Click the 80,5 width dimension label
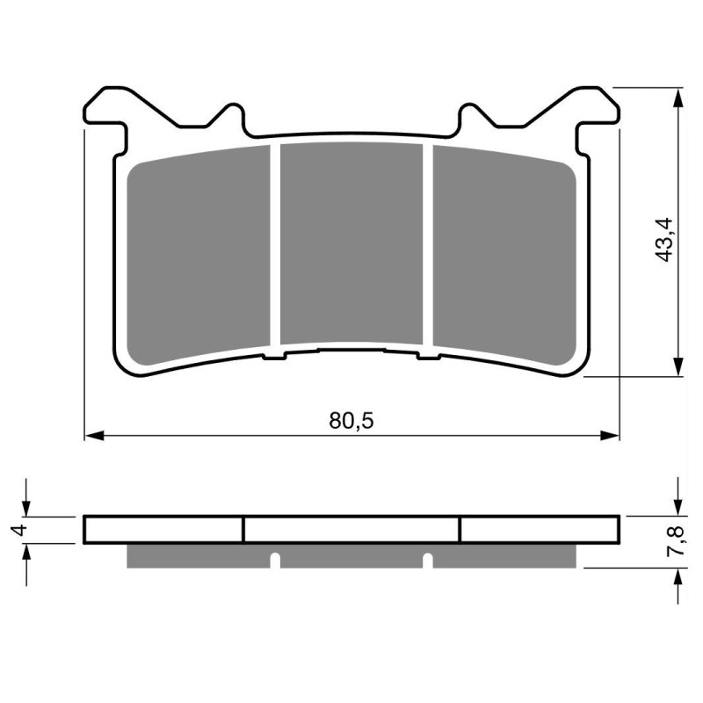click(x=351, y=421)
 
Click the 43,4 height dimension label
click(x=665, y=238)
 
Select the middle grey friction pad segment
click(x=351, y=245)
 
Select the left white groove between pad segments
click(x=274, y=246)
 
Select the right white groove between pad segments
click(x=429, y=246)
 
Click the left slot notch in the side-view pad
click(x=274, y=560)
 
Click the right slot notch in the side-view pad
click(x=428, y=560)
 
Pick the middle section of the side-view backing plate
click(x=351, y=529)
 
